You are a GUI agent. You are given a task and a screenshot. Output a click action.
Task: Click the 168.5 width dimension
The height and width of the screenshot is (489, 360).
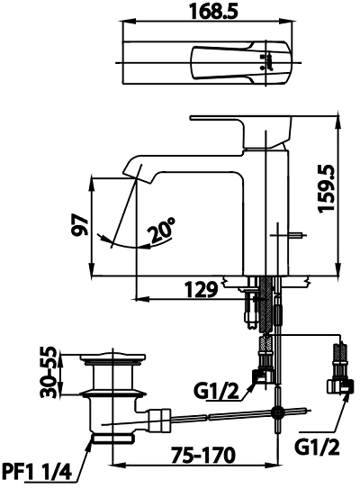pos(213,12)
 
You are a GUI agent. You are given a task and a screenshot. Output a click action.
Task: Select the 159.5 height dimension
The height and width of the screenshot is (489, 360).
pos(327,189)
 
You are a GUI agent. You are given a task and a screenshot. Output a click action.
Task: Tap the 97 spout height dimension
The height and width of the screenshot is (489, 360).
pos(80,224)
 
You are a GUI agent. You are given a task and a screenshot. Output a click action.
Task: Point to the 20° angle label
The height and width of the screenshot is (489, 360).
pos(161,231)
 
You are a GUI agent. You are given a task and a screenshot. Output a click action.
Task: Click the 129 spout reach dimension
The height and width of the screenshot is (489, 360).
pos(201,290)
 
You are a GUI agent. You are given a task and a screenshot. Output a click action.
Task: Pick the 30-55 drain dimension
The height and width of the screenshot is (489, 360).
pos(49,372)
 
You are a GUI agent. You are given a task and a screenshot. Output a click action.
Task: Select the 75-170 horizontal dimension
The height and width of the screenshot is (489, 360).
pos(202,455)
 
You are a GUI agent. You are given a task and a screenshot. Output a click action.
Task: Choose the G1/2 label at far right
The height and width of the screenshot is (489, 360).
pos(317,448)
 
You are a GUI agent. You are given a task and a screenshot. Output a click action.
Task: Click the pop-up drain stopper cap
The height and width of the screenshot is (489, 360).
pos(112,358)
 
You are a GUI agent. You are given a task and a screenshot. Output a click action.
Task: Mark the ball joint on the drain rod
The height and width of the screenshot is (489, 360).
pos(277,413)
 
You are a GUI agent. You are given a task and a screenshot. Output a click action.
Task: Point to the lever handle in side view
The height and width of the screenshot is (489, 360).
pos(240,130)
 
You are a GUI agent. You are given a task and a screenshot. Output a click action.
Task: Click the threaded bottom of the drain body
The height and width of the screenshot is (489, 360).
pos(112,438)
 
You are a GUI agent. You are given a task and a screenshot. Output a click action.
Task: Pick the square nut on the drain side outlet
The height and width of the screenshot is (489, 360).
pos(159,420)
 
